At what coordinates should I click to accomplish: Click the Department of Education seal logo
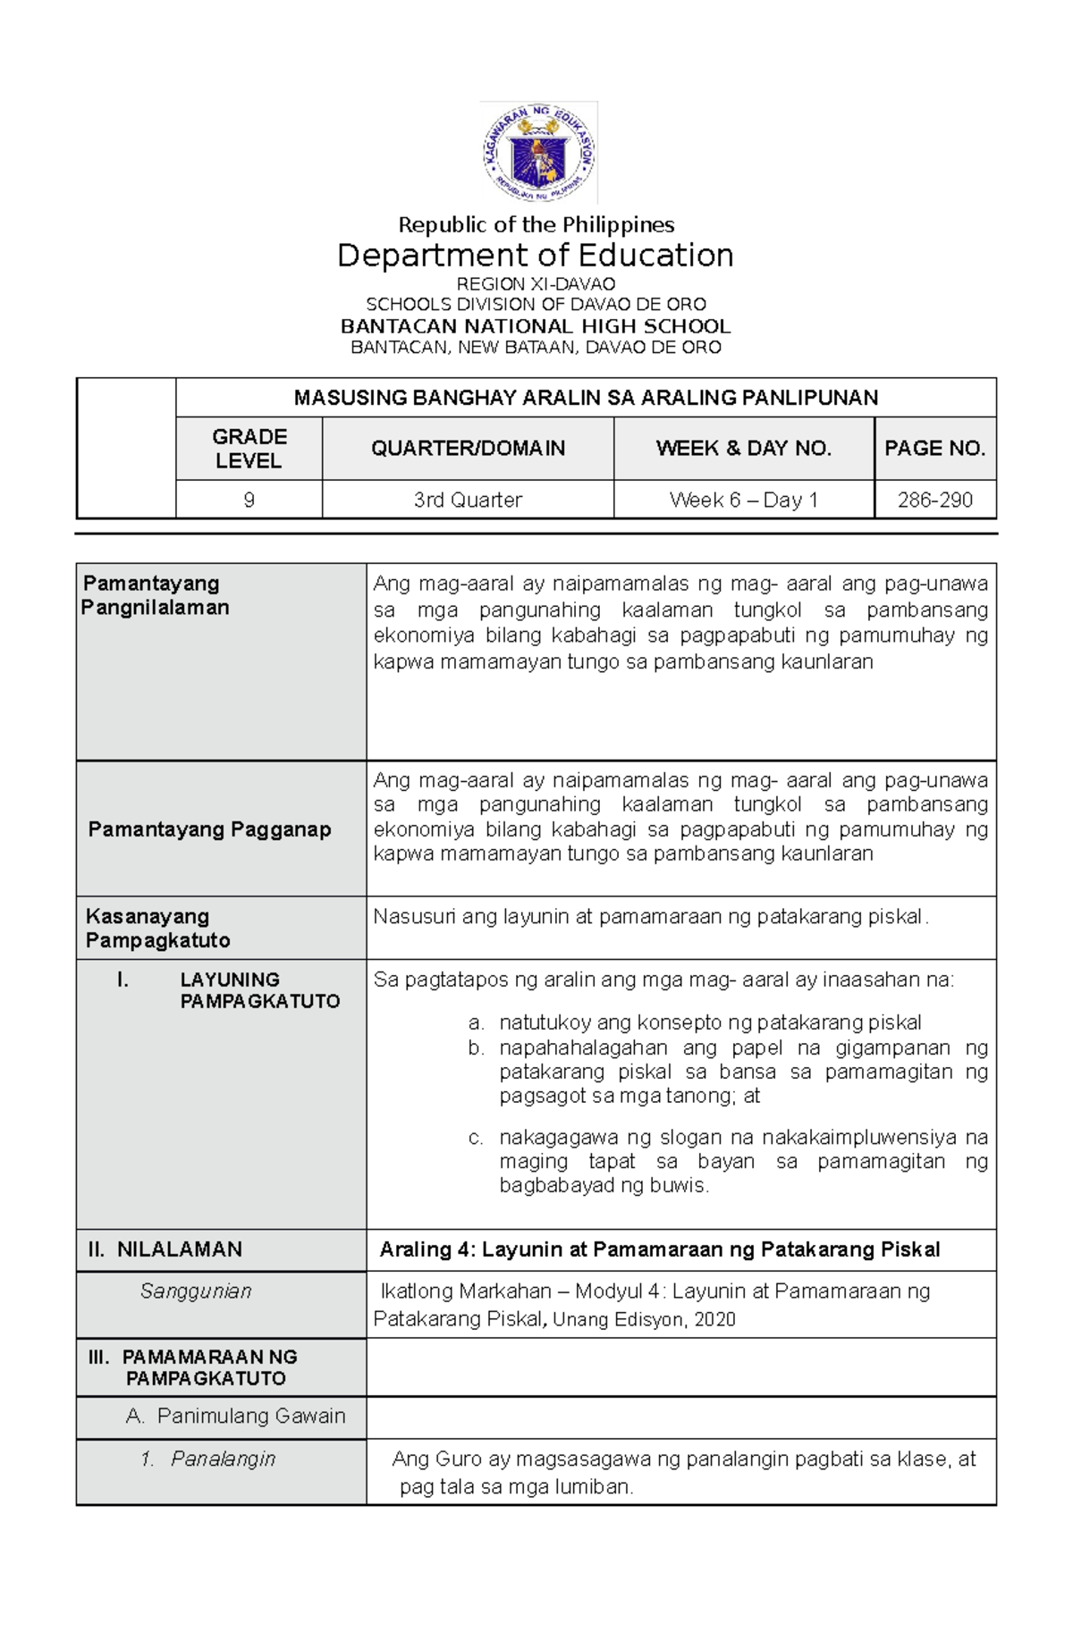point(538,153)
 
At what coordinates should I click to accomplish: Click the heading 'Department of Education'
point(535,256)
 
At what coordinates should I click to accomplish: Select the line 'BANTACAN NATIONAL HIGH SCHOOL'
point(535,326)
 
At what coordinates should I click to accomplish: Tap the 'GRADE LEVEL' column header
point(249,449)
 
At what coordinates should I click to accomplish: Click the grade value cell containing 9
point(249,500)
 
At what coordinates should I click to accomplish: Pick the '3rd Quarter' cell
point(468,500)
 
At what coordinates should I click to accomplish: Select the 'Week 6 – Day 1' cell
point(743,500)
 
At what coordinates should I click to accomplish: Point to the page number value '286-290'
point(934,500)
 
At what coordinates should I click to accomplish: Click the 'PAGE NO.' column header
point(934,449)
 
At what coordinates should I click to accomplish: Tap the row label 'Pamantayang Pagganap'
point(209,829)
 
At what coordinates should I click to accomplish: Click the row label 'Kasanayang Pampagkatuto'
point(157,929)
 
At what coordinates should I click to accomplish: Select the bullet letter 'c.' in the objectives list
point(476,1138)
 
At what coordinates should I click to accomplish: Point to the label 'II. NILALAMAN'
point(165,1249)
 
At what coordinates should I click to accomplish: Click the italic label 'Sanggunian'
point(196,1291)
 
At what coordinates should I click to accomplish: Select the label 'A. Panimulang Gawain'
point(235,1417)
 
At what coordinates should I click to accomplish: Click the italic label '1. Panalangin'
point(208,1459)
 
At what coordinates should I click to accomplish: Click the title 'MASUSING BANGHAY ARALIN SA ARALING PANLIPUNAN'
point(586,398)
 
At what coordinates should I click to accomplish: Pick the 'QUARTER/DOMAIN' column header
point(468,449)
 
